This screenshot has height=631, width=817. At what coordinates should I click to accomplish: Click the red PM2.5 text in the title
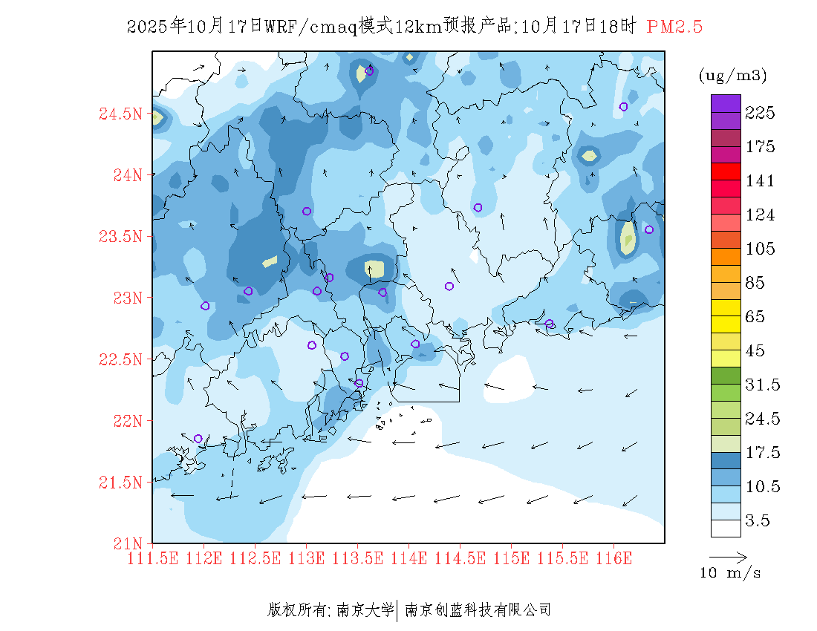(x=674, y=27)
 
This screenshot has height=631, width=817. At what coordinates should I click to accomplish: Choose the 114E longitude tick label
(x=409, y=558)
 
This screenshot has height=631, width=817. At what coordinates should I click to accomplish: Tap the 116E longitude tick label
(x=614, y=558)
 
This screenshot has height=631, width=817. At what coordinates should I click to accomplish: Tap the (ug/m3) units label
(x=732, y=76)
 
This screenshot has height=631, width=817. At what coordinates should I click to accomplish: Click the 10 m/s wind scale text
(x=731, y=573)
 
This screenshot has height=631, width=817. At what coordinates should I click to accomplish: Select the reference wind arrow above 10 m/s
(x=728, y=556)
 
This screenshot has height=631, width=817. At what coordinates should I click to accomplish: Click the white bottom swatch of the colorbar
(x=726, y=528)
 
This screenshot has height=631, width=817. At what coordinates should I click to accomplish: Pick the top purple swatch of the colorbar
(x=726, y=103)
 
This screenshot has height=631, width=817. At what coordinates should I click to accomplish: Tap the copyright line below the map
(x=409, y=610)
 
